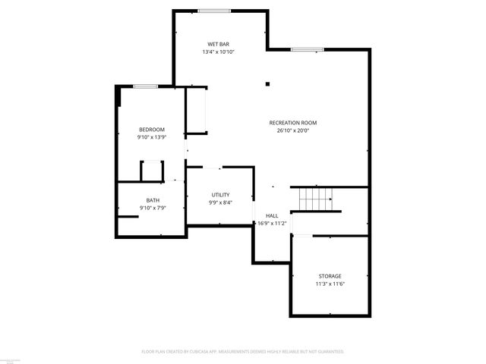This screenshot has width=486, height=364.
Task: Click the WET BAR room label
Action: [x=219, y=45]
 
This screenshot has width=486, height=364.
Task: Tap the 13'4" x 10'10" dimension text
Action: [x=219, y=52]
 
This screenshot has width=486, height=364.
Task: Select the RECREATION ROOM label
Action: [x=292, y=123]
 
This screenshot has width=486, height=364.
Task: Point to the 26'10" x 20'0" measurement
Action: [x=292, y=130]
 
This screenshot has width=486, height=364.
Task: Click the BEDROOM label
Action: [x=151, y=130]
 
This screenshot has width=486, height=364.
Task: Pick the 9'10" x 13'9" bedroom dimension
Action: [x=151, y=137]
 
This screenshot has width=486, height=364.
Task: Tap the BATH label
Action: [x=153, y=200]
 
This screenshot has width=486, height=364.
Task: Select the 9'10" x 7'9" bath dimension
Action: [x=153, y=208]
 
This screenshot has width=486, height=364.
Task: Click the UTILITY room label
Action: [x=220, y=195]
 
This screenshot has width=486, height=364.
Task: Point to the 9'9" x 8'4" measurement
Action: [x=220, y=202]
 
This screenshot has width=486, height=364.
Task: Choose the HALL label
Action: [x=272, y=215]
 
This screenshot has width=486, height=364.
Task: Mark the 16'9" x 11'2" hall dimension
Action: [x=272, y=223]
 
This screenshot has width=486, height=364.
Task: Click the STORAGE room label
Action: [x=330, y=276]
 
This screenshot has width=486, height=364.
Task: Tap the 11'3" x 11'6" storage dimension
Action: [x=330, y=284]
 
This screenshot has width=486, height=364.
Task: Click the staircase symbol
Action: [x=315, y=199]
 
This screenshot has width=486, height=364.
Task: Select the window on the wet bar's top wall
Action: [x=215, y=11]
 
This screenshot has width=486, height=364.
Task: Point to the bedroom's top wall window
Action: [x=146, y=86]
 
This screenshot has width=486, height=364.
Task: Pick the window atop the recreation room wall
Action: [x=301, y=50]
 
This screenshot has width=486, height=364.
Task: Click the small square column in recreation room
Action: [x=267, y=84]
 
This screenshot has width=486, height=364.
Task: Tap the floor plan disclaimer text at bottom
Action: [x=243, y=352]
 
